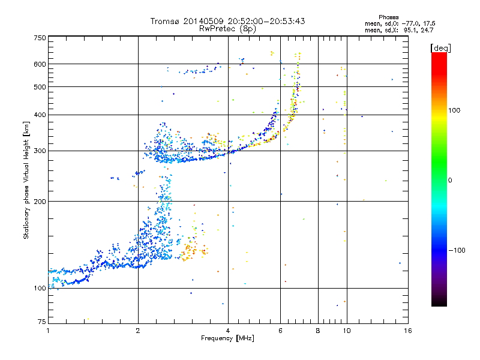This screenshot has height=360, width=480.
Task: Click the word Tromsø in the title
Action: (165, 21)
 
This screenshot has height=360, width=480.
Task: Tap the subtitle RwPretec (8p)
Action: (227, 29)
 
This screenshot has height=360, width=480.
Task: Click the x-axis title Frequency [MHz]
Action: (227, 338)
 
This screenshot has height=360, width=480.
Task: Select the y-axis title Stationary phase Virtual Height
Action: (26, 180)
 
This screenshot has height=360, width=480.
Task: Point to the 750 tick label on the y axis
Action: (40, 38)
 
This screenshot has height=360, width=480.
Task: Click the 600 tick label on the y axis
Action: (40, 64)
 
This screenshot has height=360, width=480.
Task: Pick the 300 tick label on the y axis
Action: (40, 151)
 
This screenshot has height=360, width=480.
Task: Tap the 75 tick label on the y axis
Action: (42, 322)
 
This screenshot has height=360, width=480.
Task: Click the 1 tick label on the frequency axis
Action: (48, 331)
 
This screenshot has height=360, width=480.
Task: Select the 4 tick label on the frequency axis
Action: (228, 331)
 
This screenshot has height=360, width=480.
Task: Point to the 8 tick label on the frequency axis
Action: (318, 331)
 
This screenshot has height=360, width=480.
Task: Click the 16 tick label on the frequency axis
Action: (408, 331)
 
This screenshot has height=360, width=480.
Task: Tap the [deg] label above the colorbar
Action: (440, 48)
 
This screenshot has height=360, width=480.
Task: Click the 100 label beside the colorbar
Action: (454, 110)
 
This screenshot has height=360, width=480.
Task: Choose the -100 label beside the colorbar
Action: (457, 250)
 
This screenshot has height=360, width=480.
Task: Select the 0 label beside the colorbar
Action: (450, 180)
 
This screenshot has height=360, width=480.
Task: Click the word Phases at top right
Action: (389, 17)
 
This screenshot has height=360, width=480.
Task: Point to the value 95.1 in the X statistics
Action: (410, 30)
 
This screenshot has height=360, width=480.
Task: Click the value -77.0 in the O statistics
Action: (411, 23)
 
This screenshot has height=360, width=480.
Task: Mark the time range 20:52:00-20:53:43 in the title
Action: (266, 21)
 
